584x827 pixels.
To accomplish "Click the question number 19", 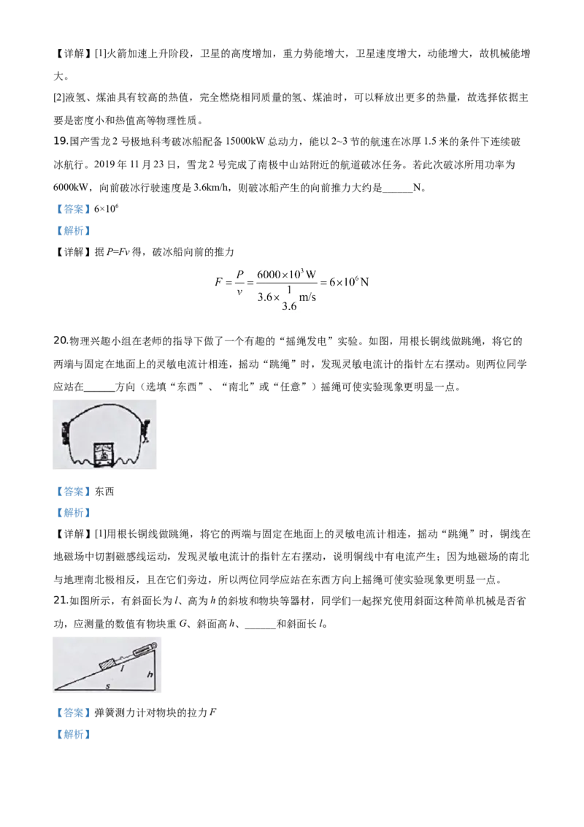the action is (x=61, y=142).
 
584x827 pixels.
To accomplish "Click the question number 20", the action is (x=61, y=340).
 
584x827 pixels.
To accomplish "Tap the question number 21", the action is (x=61, y=601).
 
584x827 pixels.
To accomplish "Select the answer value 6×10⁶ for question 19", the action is (x=106, y=209).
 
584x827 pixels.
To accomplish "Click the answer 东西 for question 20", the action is (x=104, y=492).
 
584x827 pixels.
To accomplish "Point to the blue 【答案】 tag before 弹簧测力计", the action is (x=73, y=712).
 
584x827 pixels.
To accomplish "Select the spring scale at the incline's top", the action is (x=142, y=649).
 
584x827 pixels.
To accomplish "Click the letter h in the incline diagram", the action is (x=150, y=674).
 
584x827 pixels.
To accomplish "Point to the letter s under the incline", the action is (x=108, y=686).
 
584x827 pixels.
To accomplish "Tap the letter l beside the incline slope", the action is (x=123, y=668).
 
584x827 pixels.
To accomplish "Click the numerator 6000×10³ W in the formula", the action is (x=286, y=274).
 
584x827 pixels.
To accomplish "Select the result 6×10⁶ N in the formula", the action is (x=349, y=282).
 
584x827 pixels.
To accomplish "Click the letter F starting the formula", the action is (x=218, y=282).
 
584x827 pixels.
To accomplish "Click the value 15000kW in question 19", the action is (x=245, y=142).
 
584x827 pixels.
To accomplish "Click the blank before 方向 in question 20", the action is (x=99, y=387).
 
